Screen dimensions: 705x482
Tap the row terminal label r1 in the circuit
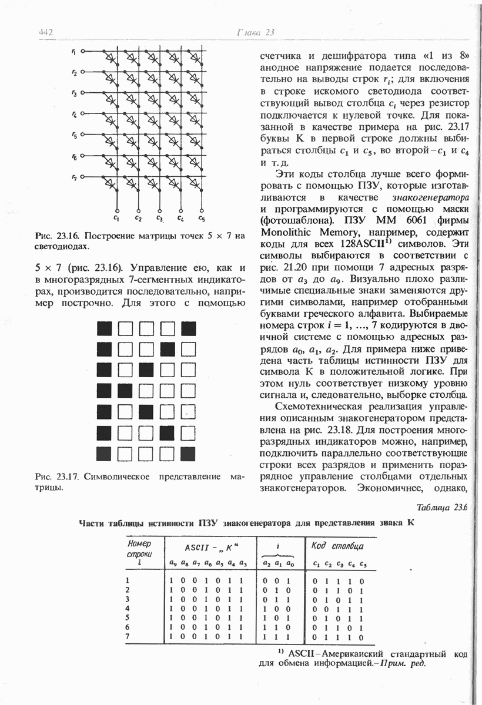click(74, 52)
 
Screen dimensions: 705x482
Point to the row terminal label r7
click(74, 177)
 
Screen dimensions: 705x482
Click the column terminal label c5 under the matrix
click(201, 219)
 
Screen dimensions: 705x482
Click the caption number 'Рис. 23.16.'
click(56, 236)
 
